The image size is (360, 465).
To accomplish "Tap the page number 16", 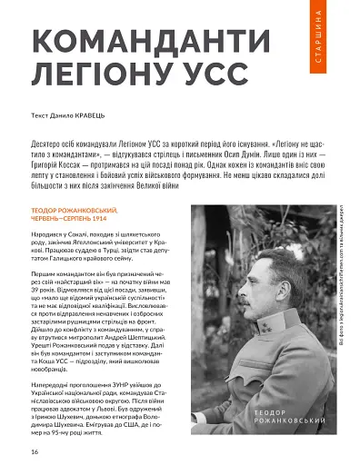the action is tap(34, 450).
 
